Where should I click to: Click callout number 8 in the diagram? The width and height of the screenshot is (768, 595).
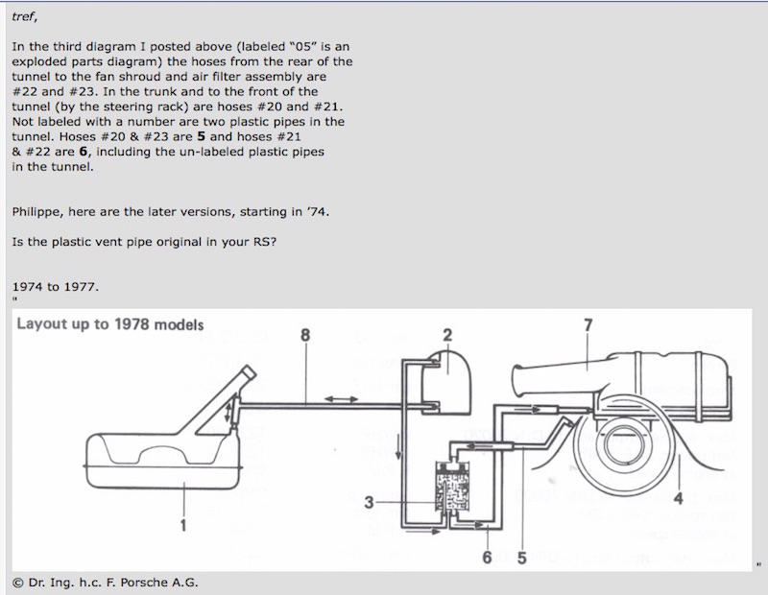tap(305, 334)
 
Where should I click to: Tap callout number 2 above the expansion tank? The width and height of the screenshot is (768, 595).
tap(446, 334)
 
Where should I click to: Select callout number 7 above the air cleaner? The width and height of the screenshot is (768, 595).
tap(588, 325)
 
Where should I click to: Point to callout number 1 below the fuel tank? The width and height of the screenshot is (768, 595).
tap(182, 524)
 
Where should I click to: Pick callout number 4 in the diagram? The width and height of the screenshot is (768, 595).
tap(679, 498)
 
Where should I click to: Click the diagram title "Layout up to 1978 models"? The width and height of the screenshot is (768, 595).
tap(109, 323)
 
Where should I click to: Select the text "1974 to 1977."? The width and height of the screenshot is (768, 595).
tap(55, 287)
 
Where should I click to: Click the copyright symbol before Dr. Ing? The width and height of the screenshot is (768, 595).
tap(16, 582)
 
